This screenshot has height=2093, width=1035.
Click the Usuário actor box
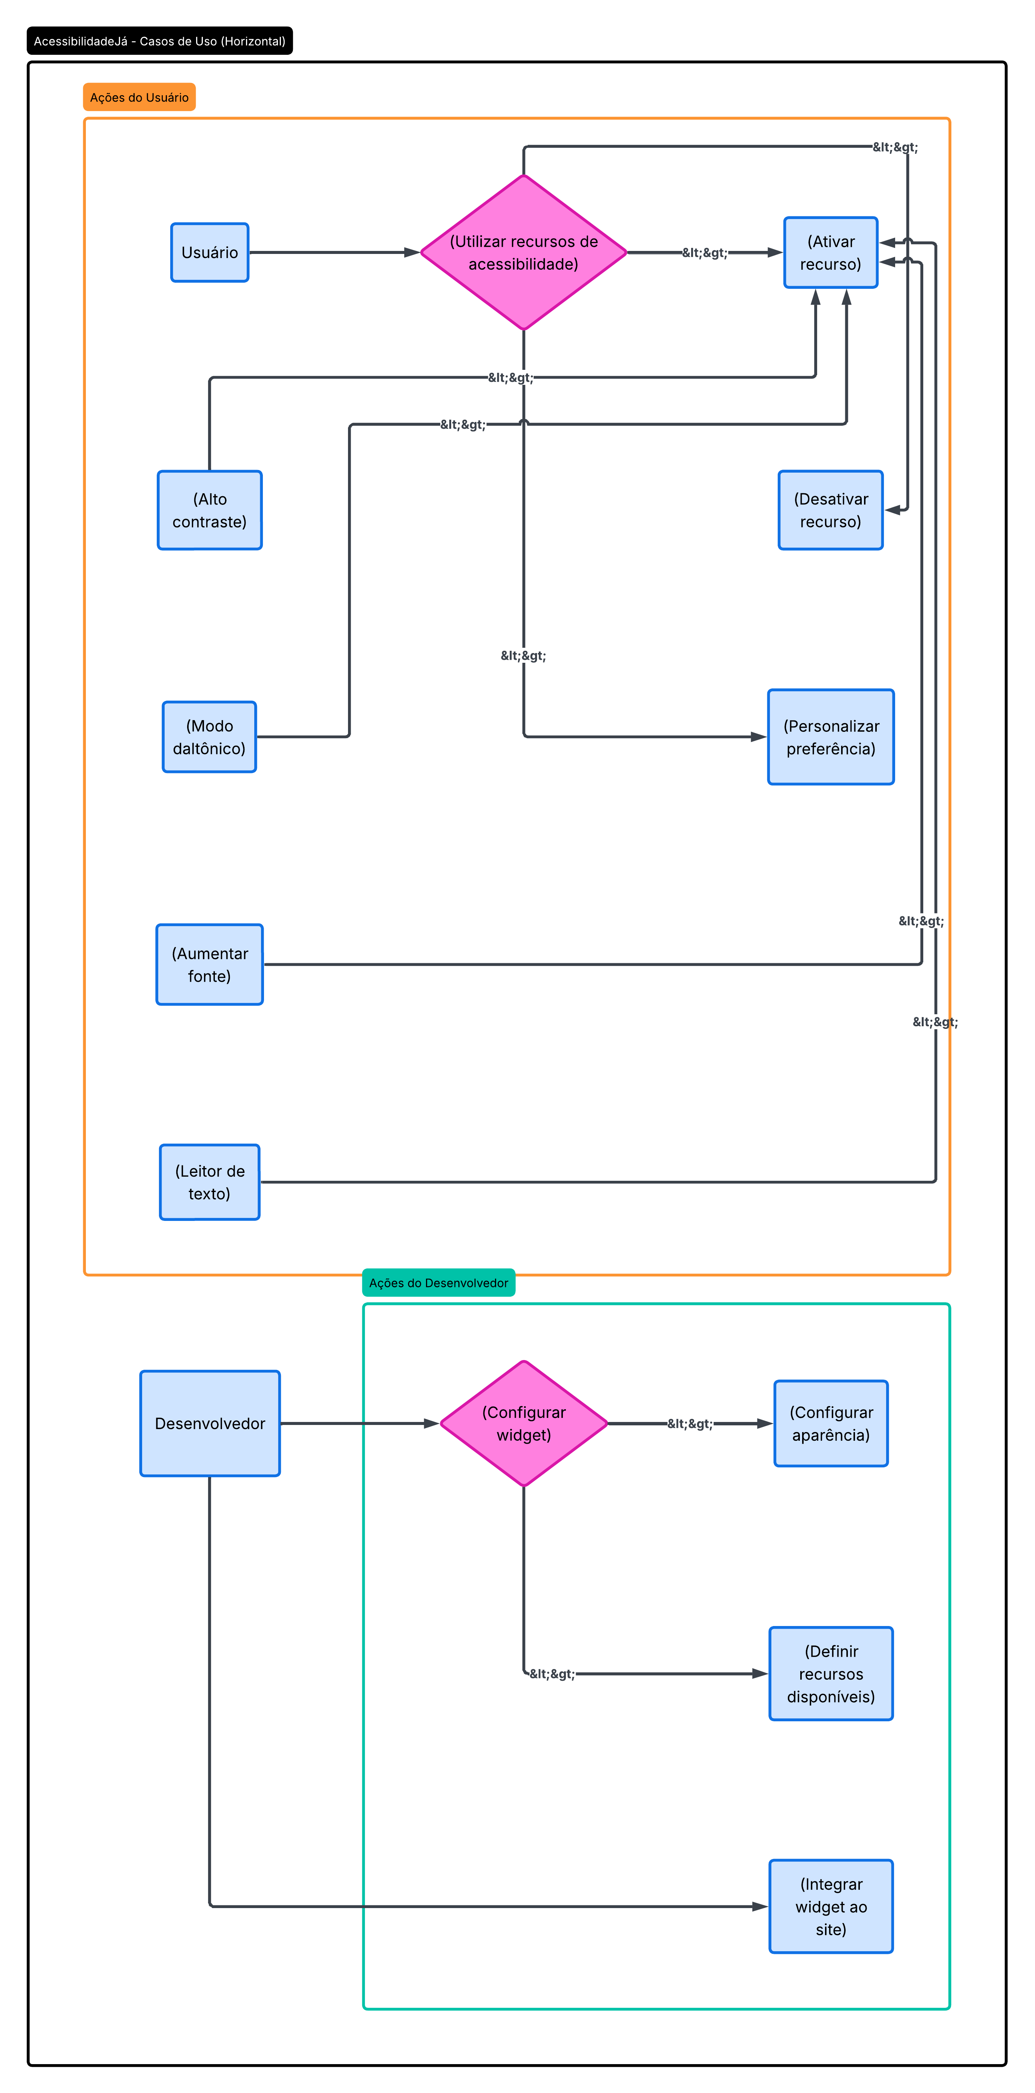(210, 253)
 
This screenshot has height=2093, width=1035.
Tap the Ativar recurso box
(830, 253)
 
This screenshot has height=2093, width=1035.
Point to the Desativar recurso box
(830, 510)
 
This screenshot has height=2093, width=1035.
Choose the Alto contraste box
(210, 510)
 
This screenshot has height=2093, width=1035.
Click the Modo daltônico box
(210, 737)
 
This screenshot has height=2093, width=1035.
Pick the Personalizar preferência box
(830, 737)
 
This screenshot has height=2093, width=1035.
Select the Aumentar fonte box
(210, 964)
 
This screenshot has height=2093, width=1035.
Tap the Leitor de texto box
(210, 1182)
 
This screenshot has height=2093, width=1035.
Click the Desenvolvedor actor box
(210, 1423)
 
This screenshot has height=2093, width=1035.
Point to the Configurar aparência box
(830, 1423)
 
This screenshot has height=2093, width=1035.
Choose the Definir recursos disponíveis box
(830, 1674)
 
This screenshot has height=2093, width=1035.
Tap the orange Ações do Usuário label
(139, 98)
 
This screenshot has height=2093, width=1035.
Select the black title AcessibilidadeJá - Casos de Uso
(159, 41)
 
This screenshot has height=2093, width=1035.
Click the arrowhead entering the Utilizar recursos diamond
(412, 253)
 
